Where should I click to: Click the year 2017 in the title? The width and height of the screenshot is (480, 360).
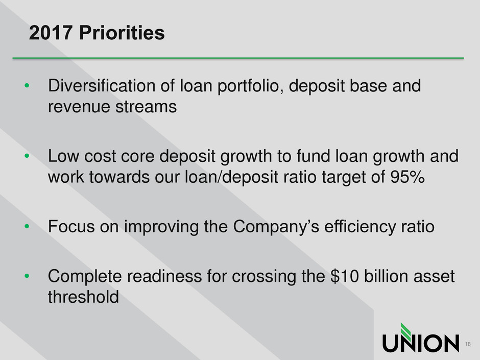click(x=51, y=33)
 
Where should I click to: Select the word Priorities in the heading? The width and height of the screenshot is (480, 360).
click(x=122, y=33)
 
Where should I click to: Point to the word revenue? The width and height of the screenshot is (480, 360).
click(x=79, y=107)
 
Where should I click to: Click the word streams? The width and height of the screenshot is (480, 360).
click(x=146, y=107)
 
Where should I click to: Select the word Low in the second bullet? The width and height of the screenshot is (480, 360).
click(x=64, y=156)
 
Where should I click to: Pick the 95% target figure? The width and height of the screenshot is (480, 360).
click(x=407, y=177)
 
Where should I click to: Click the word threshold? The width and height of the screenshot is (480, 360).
click(x=83, y=297)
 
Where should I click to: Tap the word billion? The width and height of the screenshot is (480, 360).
click(x=386, y=276)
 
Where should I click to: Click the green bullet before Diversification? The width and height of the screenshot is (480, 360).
click(x=27, y=85)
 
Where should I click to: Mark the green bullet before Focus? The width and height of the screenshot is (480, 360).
click(x=27, y=227)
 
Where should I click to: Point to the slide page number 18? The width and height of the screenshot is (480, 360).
click(x=468, y=344)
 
